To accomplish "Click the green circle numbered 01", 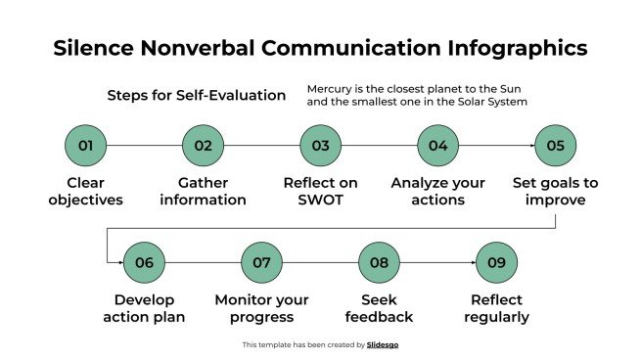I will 86,146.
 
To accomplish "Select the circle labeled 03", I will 321,146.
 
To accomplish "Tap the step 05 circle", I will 556,146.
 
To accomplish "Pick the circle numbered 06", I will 145,262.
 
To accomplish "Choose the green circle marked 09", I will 497,262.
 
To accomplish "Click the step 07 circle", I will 262,262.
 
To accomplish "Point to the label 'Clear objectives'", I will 86,192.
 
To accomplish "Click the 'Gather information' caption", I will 204,192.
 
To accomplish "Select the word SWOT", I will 321,201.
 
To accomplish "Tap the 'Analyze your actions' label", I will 438,192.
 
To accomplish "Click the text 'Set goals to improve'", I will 556,192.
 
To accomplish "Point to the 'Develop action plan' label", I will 145,308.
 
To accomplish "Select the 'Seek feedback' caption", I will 380,308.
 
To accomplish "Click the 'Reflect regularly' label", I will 497,308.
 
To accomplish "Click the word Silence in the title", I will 94,48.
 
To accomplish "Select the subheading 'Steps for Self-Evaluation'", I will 197,96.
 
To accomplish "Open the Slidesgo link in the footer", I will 383,344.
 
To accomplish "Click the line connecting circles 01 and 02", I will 145,146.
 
